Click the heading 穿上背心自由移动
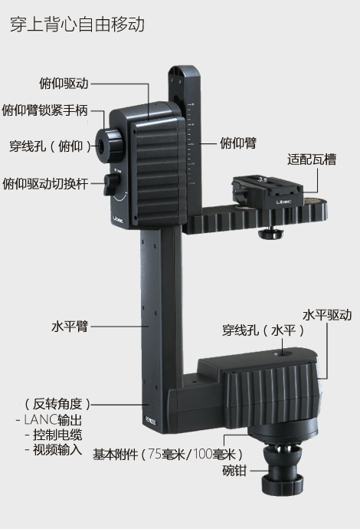pos(77,25)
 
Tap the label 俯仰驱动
pos(64,83)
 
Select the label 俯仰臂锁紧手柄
pos(45,110)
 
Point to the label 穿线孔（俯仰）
pos(51,146)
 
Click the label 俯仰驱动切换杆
pos(45,183)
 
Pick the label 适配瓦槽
pos(312,159)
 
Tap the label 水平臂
pos(70,327)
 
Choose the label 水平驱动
pos(327,315)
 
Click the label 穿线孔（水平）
pos(263,330)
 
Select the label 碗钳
pos(234,470)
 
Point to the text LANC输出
pos(53,420)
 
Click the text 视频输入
pos(57,450)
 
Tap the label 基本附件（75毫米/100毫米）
pos(168,455)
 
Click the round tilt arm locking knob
pos(109,144)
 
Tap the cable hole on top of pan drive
pos(283,354)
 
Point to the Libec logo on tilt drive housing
pos(118,219)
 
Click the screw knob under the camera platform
pos(270,234)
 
